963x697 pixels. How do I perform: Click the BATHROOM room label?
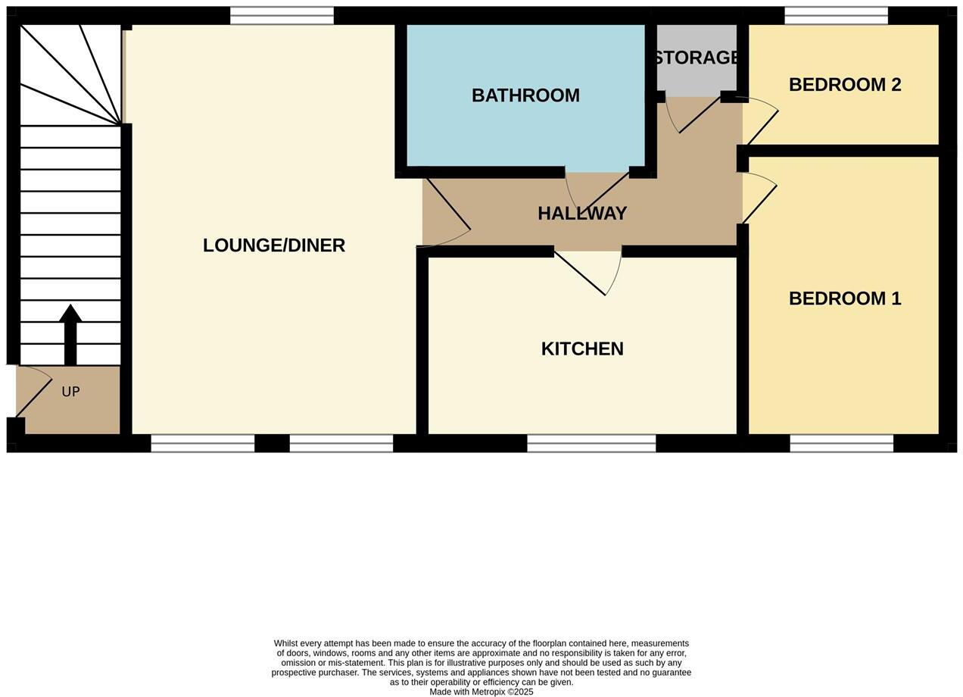tap(525, 95)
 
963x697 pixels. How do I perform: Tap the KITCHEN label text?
tap(582, 348)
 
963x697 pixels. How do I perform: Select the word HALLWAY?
tap(582, 214)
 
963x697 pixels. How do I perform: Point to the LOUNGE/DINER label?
tap(274, 245)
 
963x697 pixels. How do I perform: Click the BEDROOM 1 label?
tap(845, 298)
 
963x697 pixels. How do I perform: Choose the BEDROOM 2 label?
tap(845, 85)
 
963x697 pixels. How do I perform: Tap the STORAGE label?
tap(697, 58)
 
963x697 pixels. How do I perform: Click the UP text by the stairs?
tap(70, 392)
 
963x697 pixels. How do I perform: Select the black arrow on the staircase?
tap(70, 333)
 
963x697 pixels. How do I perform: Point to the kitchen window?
tap(591, 443)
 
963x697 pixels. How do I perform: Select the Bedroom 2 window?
tap(836, 15)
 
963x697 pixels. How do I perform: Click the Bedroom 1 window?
tap(841, 443)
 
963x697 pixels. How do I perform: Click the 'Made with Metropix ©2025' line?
tap(481, 692)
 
